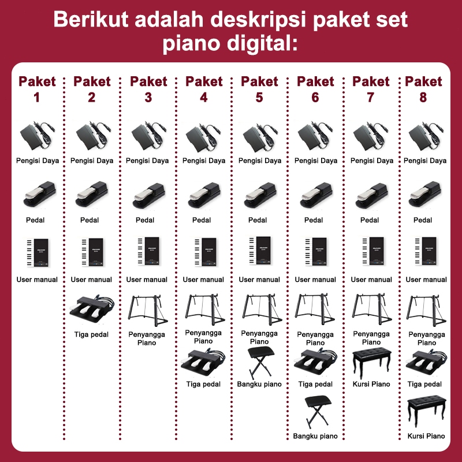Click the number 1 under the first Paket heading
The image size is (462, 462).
[36, 98]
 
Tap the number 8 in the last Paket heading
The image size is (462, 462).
[423, 98]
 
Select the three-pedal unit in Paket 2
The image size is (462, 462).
[92, 307]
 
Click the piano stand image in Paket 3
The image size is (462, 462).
[148, 311]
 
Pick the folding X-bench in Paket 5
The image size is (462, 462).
[260, 363]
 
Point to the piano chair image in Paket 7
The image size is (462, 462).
[372, 363]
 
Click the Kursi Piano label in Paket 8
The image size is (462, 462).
[426, 436]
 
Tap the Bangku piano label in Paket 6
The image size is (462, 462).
[315, 436]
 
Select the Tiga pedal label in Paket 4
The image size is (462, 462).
[203, 384]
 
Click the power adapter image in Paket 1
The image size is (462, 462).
[37, 136]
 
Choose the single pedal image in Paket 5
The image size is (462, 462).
[260, 195]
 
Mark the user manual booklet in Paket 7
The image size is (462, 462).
[373, 251]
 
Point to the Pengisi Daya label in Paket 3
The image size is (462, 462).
[147, 161]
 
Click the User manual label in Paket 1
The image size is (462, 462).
[37, 280]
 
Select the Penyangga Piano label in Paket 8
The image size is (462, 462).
[427, 338]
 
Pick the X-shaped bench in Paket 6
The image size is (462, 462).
[318, 411]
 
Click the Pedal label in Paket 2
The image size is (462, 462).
[90, 220]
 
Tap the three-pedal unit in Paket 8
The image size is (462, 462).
[426, 363]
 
